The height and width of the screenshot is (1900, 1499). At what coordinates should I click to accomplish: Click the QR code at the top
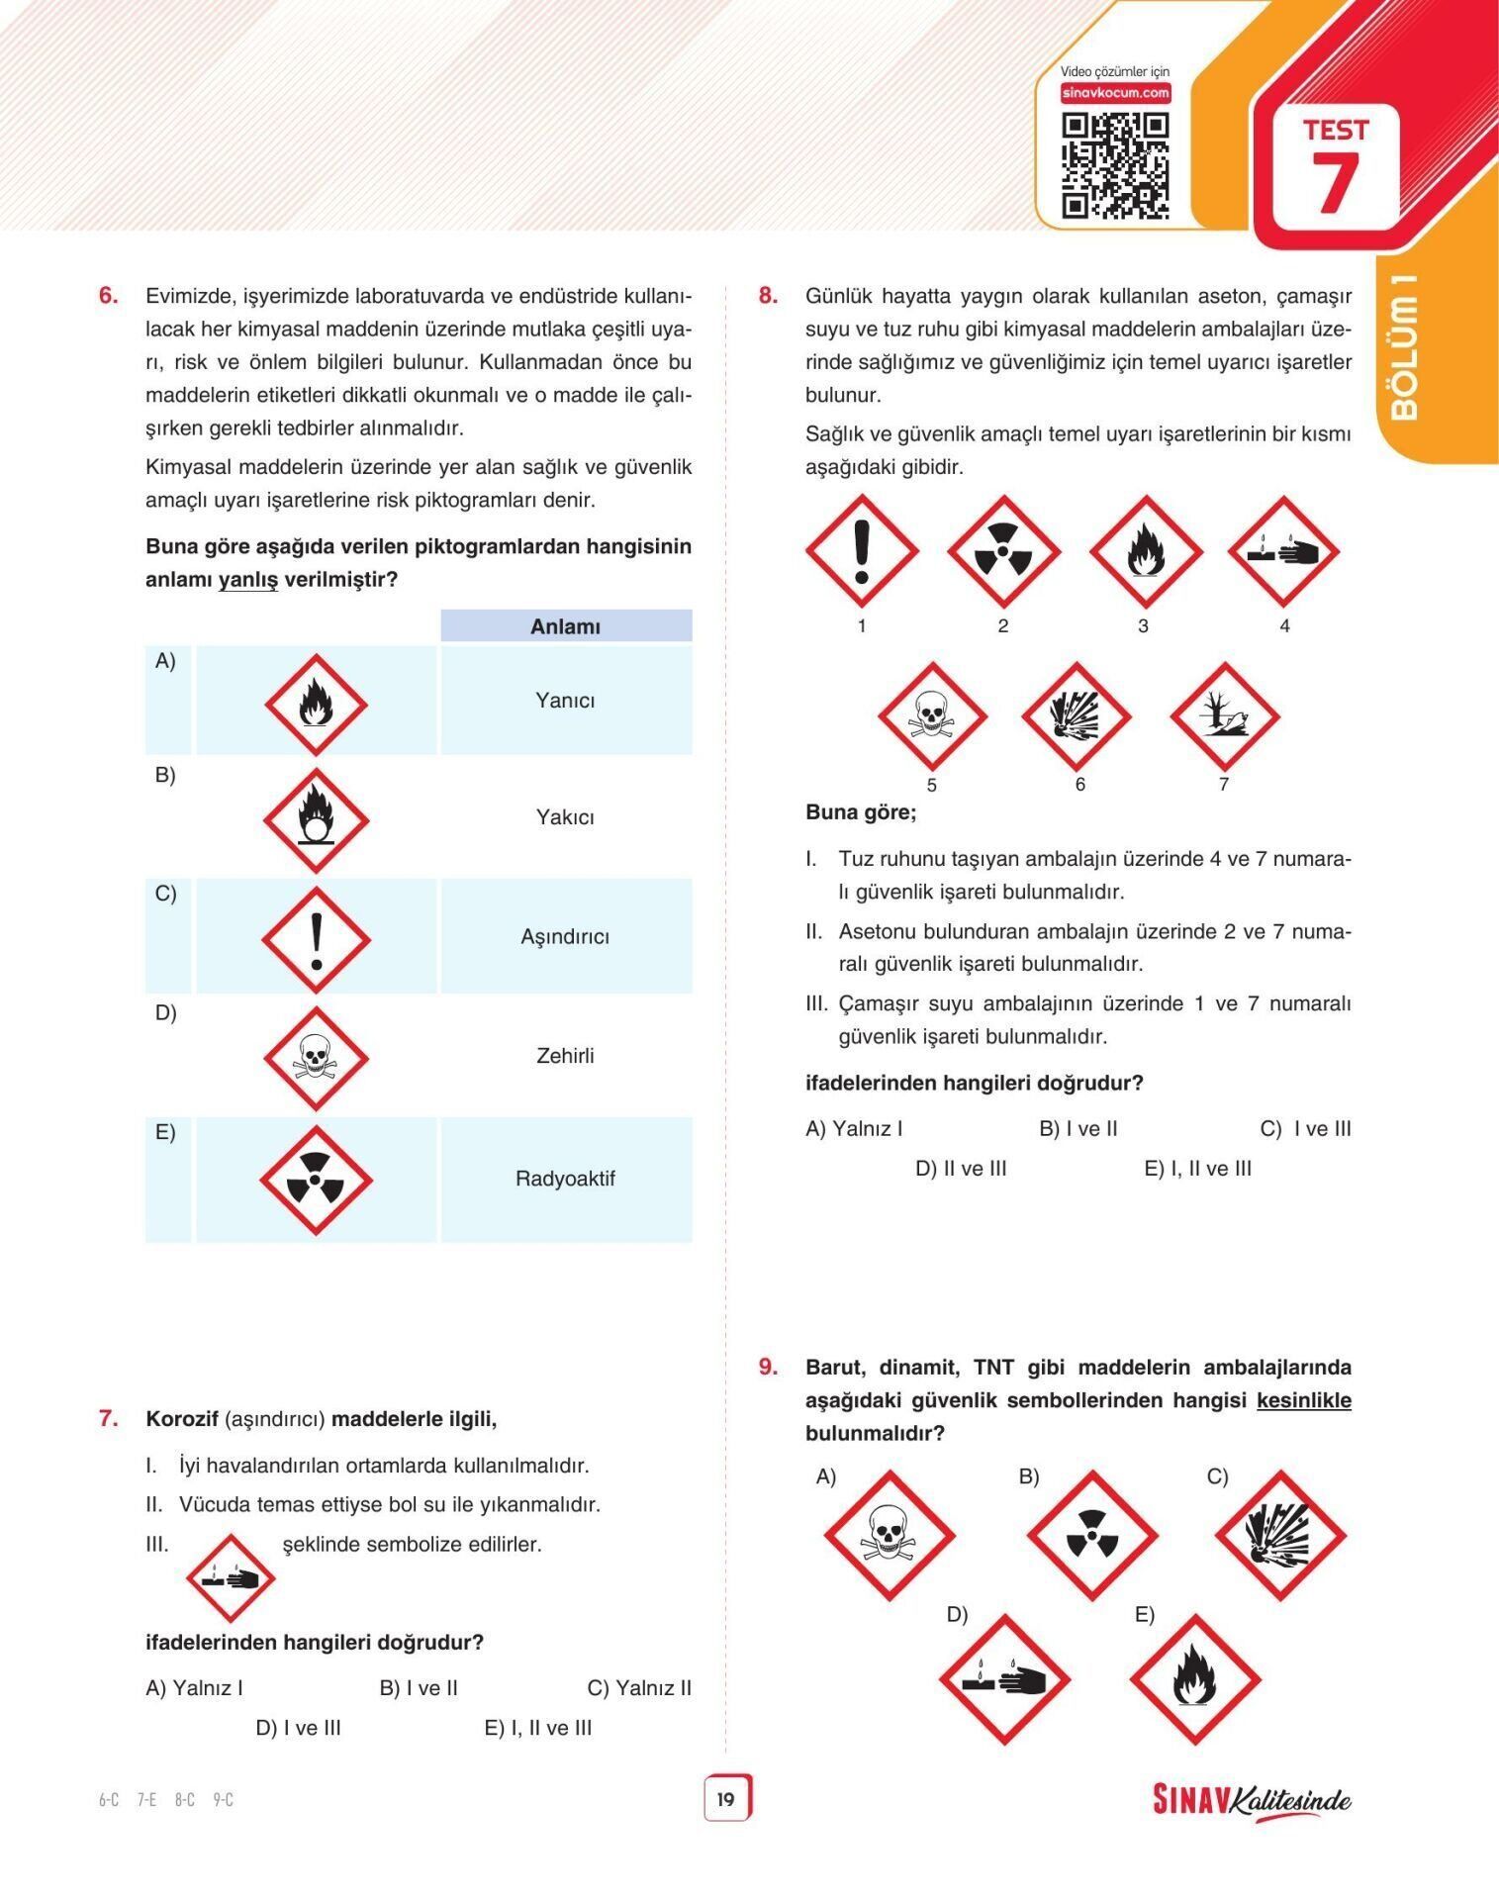pyautogui.click(x=1115, y=165)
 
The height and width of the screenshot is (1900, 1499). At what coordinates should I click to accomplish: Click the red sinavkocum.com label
pyautogui.click(x=1115, y=93)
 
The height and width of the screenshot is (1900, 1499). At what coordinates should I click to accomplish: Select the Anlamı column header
pyautogui.click(x=566, y=625)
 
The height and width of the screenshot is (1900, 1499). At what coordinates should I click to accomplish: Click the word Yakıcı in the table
pyautogui.click(x=565, y=817)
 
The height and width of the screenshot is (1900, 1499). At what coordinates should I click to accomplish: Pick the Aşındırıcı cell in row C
pyautogui.click(x=566, y=936)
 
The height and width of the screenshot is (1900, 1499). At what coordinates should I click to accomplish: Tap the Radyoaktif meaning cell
pyautogui.click(x=566, y=1179)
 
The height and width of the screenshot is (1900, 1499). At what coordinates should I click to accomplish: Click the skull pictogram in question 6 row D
pyautogui.click(x=316, y=1058)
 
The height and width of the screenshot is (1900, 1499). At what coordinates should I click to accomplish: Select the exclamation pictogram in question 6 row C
pyautogui.click(x=316, y=939)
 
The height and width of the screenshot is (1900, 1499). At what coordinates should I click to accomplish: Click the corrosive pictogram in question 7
pyautogui.click(x=231, y=1577)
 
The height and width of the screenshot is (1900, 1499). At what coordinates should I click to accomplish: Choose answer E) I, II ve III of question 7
pyautogui.click(x=538, y=1728)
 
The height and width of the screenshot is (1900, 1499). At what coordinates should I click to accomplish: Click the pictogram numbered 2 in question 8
pyautogui.click(x=1003, y=551)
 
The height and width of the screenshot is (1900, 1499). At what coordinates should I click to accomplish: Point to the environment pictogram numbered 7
pyautogui.click(x=1224, y=714)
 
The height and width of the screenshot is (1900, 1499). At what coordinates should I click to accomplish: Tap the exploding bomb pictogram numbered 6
pyautogui.click(x=1076, y=714)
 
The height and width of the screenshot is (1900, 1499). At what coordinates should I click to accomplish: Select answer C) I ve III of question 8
pyautogui.click(x=1305, y=1129)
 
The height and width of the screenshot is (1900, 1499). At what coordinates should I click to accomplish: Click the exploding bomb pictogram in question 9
pyautogui.click(x=1280, y=1536)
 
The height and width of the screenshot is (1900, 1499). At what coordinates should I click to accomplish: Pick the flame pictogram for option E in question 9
pyautogui.click(x=1195, y=1679)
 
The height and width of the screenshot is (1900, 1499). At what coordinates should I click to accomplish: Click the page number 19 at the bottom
pyautogui.click(x=726, y=1799)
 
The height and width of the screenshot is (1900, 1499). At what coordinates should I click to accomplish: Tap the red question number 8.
pyautogui.click(x=768, y=295)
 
